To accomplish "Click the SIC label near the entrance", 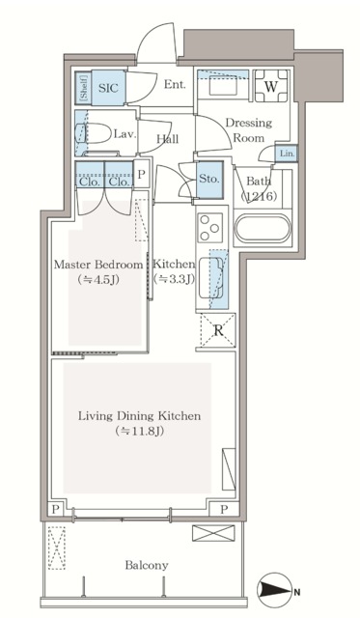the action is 108,88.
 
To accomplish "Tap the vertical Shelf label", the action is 84,88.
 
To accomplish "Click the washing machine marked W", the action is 271,86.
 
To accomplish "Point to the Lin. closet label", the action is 287,154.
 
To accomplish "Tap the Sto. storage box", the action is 209,180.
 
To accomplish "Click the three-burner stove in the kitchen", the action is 209,228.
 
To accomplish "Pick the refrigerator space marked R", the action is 218,330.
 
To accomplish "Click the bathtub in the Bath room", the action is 262,229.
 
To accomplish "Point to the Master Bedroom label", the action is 98,264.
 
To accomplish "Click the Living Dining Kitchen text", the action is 139,416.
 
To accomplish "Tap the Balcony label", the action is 147,565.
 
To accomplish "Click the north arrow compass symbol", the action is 276,591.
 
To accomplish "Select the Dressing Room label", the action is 249,130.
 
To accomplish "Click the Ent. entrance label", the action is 175,84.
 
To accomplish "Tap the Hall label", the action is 167,139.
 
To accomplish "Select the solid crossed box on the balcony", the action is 213,532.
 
